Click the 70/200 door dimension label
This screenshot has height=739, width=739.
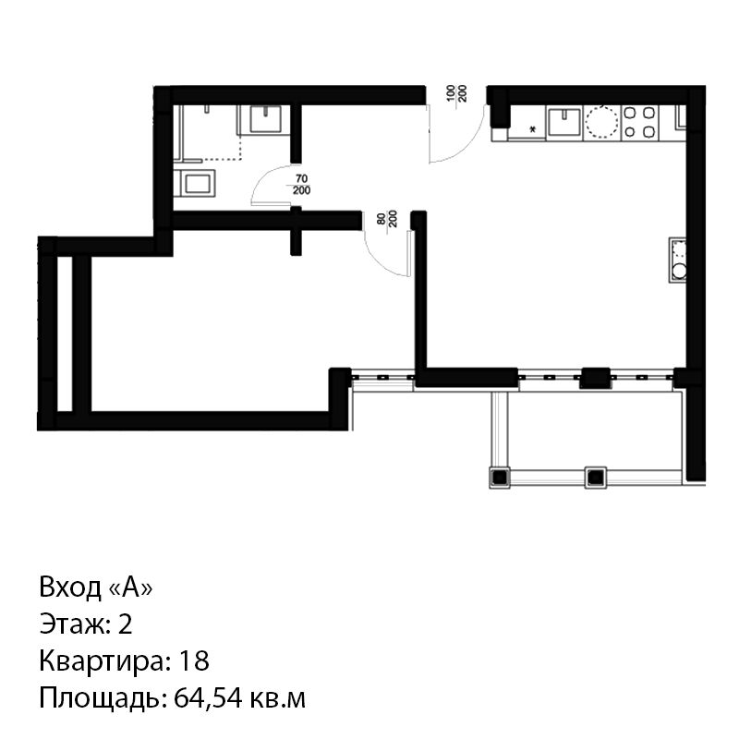point(301,184)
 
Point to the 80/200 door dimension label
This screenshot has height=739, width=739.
point(387,219)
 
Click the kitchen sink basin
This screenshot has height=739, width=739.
point(564,122)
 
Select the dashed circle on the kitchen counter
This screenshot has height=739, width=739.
point(601,122)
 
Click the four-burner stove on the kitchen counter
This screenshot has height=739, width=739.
point(639,122)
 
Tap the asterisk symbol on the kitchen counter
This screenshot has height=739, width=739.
point(533,129)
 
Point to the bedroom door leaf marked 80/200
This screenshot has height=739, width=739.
point(410,253)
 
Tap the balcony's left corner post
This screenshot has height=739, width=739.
point(500,478)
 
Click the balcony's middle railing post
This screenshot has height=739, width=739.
point(595,478)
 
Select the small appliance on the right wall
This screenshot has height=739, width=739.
point(677,260)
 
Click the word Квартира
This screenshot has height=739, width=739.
point(104,660)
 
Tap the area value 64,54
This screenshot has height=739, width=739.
point(207,698)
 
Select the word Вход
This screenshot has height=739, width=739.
point(70,588)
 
